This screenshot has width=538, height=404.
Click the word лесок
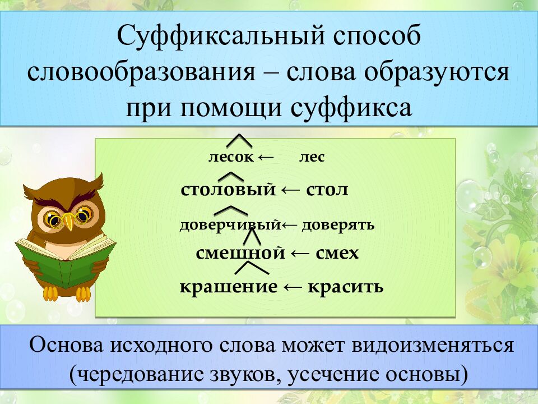[231, 158]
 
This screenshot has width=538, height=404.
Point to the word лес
[311, 158]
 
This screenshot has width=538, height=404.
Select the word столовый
[229, 190]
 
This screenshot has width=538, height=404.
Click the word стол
[327, 190]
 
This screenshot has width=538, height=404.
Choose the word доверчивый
[229, 225]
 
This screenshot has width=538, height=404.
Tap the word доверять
[337, 225]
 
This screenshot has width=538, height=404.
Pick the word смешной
[241, 254]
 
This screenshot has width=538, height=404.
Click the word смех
[337, 254]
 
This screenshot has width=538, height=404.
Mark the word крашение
[228, 287]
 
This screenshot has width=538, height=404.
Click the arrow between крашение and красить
[293, 287]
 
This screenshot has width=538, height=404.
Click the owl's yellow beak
[67, 221]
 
